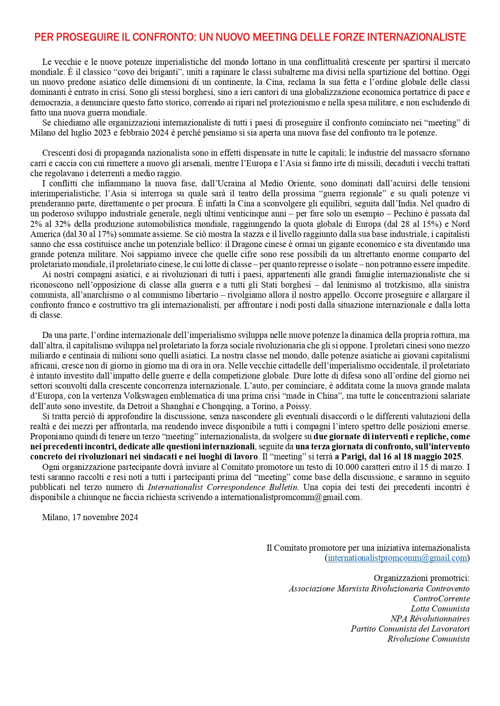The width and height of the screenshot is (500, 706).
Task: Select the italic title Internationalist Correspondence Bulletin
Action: click(223, 487)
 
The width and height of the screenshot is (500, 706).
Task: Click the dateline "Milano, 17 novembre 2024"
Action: click(90, 517)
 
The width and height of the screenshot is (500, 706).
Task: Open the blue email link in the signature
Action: click(397, 558)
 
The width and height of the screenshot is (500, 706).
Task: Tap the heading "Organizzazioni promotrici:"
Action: click(421, 578)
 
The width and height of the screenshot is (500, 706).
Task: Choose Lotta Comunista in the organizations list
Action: click(440, 609)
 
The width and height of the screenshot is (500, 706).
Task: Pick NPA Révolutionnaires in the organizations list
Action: click(430, 619)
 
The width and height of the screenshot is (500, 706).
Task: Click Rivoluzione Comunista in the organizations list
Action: click(428, 639)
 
